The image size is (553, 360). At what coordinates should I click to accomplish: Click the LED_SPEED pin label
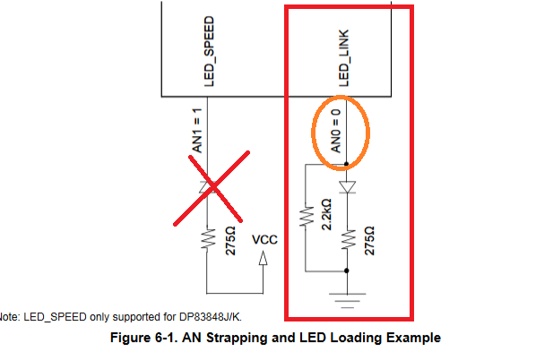click(x=209, y=51)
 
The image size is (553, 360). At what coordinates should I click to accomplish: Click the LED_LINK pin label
click(x=344, y=58)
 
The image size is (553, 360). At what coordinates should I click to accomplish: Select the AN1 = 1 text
click(x=197, y=131)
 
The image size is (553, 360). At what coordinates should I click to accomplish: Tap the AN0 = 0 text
click(x=336, y=131)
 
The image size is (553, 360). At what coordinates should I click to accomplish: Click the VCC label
click(x=264, y=240)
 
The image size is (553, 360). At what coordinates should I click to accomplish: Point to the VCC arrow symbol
click(x=264, y=258)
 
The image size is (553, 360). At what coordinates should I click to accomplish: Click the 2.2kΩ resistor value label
click(x=326, y=215)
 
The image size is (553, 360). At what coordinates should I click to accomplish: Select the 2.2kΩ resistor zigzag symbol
click(x=307, y=216)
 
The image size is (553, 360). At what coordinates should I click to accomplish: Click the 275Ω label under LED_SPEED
click(x=230, y=241)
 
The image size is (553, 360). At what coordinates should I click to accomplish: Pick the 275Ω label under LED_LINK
click(x=369, y=241)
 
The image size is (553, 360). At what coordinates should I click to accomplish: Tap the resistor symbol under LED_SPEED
click(x=208, y=239)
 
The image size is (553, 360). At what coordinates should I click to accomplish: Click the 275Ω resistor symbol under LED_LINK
click(x=348, y=239)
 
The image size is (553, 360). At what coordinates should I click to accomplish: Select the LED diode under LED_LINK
click(x=348, y=187)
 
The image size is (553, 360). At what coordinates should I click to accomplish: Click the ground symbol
click(x=348, y=301)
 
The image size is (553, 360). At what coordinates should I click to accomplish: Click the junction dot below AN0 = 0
click(x=346, y=164)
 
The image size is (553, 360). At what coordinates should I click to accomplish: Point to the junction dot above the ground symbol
click(x=347, y=270)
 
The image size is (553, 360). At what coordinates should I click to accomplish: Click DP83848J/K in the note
click(x=211, y=317)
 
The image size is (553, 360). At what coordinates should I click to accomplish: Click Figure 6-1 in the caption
click(x=144, y=338)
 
